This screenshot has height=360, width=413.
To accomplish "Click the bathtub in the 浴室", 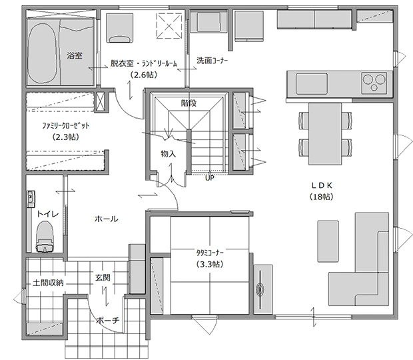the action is tap(42, 54).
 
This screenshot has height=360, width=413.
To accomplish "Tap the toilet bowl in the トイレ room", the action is tap(45, 237).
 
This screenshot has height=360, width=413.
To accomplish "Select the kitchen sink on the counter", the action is tap(312, 83).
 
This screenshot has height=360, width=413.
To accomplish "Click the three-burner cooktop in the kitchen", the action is tap(374, 83).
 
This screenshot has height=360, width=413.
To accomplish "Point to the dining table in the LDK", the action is tap(325, 134).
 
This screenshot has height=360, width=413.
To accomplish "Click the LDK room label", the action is tap(322, 185).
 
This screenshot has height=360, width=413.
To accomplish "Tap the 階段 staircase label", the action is tap(189, 103).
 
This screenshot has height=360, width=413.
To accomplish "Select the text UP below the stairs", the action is tap(210, 178).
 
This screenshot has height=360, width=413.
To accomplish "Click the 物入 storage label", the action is tap(168, 154).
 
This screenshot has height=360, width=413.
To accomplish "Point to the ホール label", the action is tap(106, 219).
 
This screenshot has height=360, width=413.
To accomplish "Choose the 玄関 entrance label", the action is tap(103, 277).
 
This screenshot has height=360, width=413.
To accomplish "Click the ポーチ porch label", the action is tap(108, 321).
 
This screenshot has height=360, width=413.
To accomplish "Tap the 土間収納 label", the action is tap(48, 283).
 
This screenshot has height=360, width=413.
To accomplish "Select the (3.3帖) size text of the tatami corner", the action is tap(210, 264).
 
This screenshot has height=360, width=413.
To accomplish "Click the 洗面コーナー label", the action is tap(212, 61).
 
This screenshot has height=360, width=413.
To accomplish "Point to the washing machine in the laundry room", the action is tap(120, 28).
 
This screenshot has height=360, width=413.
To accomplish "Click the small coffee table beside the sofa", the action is tap(328, 241).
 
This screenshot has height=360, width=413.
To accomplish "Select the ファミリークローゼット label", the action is tap(65, 125).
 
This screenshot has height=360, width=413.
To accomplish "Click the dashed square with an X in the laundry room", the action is tap(169, 26).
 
